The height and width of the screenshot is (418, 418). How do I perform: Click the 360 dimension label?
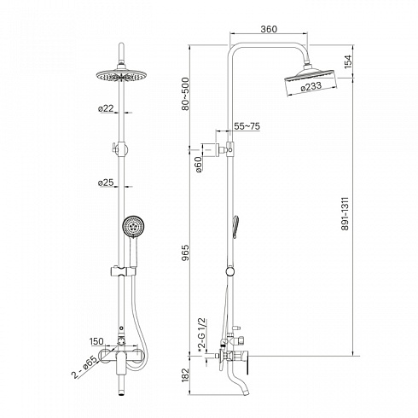269,29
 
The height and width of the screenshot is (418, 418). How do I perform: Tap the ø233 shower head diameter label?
311,86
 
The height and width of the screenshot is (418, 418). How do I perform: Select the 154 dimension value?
348,61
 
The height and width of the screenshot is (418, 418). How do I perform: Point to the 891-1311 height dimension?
345,213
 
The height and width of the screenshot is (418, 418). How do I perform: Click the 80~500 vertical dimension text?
185,94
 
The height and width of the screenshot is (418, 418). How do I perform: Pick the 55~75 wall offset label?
247,126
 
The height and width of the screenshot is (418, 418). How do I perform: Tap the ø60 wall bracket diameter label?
199,165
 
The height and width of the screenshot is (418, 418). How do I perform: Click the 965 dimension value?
185,253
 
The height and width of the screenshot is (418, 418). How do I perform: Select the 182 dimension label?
185,375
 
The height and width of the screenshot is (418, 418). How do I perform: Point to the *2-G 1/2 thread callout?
201,335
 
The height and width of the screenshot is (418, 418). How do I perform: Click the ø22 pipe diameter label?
106,108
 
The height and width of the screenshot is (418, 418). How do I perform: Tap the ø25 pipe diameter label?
106,183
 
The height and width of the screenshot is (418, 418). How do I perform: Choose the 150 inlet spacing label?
96,341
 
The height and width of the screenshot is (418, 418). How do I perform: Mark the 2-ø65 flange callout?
84,368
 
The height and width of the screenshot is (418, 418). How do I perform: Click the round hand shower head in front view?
134,227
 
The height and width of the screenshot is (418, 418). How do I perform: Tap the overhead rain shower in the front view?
122,76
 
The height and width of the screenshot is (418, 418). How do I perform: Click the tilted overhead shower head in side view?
311,81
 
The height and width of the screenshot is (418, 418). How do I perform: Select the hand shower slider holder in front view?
123,271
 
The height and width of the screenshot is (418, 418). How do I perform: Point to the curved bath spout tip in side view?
245,392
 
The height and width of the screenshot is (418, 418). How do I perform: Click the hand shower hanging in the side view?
235,227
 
